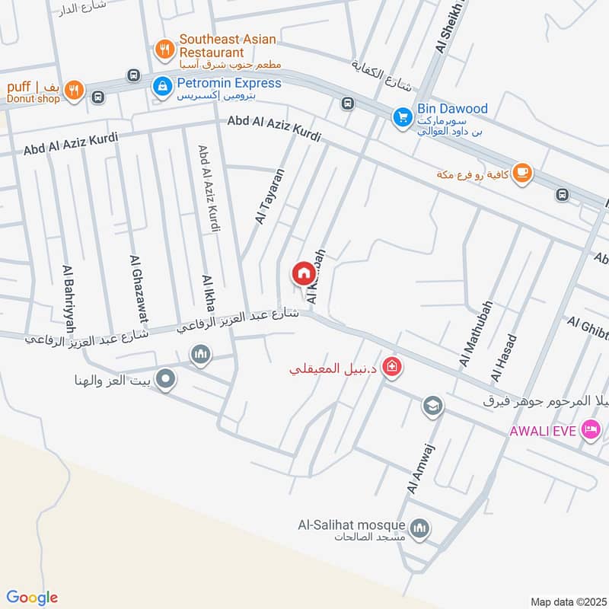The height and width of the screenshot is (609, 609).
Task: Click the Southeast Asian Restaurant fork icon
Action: (x=163, y=50)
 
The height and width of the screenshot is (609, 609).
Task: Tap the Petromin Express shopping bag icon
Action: (x=161, y=88)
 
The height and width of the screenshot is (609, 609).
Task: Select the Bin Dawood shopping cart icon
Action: (x=402, y=117)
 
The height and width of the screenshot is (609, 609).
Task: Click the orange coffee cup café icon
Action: (x=521, y=173)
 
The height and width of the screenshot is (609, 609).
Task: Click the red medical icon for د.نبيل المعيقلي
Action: (x=392, y=368)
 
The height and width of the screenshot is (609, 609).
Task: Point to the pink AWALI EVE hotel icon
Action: (x=589, y=431)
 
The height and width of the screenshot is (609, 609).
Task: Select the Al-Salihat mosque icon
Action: (x=419, y=528)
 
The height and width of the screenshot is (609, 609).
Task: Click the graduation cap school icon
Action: (x=432, y=406)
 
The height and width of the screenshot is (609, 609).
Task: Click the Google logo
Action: (x=33, y=598)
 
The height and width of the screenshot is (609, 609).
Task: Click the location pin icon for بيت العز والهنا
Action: (x=165, y=378)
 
